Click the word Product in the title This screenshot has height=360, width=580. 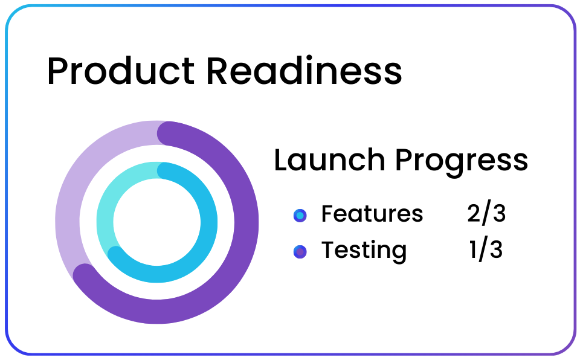[121, 71]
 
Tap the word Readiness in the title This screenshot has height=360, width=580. [304, 71]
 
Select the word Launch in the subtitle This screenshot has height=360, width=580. [330, 160]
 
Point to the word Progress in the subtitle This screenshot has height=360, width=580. [462, 162]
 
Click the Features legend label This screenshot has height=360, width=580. [372, 213]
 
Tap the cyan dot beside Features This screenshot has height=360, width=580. [300, 215]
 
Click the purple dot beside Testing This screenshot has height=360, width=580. [300, 252]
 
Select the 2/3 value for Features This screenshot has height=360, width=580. [486, 213]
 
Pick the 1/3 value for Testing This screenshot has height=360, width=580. [486, 249]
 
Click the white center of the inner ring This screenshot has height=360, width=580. [157, 222]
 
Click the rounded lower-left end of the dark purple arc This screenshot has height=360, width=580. [85, 275]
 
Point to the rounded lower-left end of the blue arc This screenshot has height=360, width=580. [115, 254]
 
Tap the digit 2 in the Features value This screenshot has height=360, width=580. [474, 213]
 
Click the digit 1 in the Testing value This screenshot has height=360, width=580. [474, 249]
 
